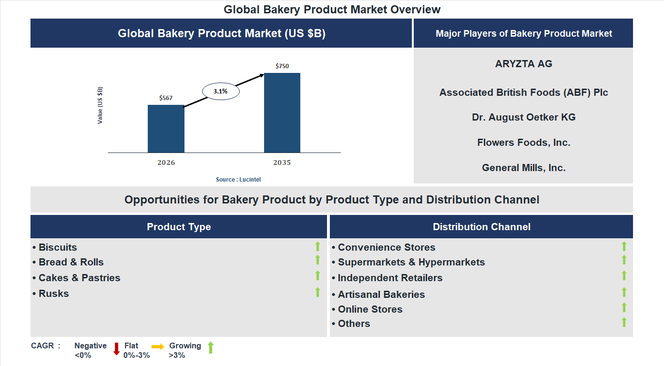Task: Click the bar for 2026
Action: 166,129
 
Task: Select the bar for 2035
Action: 282,113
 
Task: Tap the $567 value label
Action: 166,98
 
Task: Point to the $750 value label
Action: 282,66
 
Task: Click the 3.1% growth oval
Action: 221,91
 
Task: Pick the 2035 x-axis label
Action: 282,163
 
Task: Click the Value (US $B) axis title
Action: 100,105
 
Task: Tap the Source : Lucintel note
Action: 238,180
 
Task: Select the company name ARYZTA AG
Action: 523,64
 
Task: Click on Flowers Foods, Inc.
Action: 523,142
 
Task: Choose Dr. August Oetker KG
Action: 523,117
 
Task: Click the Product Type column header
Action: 179,227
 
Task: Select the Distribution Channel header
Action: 481,227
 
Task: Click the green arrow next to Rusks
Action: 317,292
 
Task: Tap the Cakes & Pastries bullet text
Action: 79,278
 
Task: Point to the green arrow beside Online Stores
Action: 624,308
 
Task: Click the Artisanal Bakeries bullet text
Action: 381,295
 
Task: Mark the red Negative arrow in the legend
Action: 116,349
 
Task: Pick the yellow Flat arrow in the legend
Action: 158,347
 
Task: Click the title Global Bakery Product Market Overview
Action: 332,10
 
